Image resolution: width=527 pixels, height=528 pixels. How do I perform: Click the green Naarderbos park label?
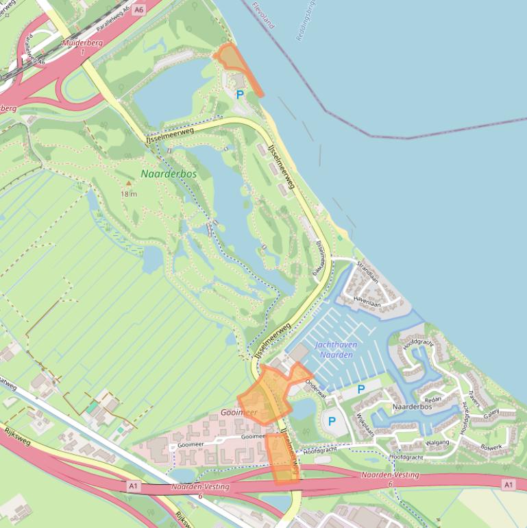(169, 174)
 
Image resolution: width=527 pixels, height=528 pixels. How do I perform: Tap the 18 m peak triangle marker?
(128, 184)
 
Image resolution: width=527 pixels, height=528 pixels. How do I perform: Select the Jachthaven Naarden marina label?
(334, 350)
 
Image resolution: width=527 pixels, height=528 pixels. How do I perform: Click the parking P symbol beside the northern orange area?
(240, 95)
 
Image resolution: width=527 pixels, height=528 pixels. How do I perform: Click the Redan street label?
(433, 399)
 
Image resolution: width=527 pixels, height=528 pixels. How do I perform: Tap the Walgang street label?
(437, 443)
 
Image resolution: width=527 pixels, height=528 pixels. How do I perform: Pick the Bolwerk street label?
(491, 447)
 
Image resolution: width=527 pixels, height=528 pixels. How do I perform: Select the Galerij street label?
(491, 414)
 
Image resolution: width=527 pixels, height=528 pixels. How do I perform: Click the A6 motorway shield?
(139, 10)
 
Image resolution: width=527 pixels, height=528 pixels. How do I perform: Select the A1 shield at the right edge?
(508, 485)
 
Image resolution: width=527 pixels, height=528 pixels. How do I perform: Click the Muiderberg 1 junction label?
(81, 47)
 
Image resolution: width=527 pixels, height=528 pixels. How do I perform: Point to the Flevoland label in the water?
(262, 15)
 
